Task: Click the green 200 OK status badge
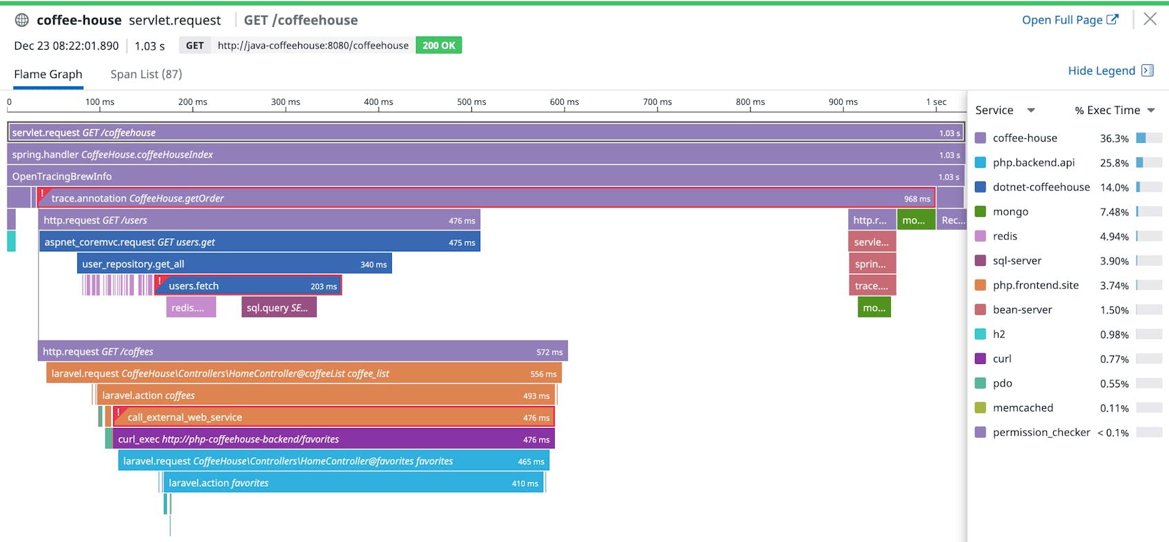pos(438,46)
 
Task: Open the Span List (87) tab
pos(146,74)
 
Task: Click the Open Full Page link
pos(1069,20)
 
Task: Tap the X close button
pos(1150,19)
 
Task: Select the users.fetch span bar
pos(248,286)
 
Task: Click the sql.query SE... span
pos(279,308)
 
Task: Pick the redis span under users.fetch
pos(191,308)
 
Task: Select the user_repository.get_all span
pos(235,264)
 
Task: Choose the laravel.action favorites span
pos(353,483)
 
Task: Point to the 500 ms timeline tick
pos(471,102)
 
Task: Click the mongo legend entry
pos(1010,212)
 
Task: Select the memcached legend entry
pos(1022,408)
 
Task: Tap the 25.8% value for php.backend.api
pos(1114,163)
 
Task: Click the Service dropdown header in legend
pos(1005,110)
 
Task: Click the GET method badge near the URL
pos(195,46)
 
